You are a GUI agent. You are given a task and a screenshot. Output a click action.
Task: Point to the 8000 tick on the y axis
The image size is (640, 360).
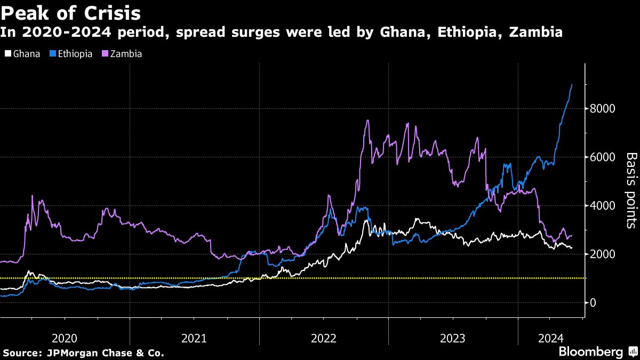(x=602, y=109)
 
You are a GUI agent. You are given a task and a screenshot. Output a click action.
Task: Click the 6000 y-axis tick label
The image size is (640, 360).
(x=602, y=157)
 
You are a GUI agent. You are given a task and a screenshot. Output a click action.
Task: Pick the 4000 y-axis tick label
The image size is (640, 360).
(x=602, y=205)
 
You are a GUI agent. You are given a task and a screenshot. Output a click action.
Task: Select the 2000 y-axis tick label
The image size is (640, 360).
(x=602, y=254)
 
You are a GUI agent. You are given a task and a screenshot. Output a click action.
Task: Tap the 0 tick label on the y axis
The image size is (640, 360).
(x=593, y=302)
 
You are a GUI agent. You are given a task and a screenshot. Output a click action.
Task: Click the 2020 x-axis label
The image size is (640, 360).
(x=65, y=338)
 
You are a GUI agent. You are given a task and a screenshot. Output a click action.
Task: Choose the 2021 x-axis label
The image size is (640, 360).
(x=195, y=338)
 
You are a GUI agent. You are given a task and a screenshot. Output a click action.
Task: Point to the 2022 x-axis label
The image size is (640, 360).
(x=324, y=338)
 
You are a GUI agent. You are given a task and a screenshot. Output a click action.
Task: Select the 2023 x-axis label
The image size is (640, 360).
(x=453, y=338)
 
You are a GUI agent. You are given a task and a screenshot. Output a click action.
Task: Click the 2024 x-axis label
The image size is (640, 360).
(x=550, y=338)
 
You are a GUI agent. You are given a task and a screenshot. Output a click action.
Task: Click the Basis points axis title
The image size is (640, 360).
(x=631, y=190)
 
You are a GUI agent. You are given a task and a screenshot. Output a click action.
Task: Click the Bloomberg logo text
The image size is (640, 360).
(x=590, y=352)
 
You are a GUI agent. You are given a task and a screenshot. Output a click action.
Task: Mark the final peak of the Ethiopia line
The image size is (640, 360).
(x=572, y=84)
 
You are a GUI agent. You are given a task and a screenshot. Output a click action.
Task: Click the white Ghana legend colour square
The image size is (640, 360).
(x=7, y=54)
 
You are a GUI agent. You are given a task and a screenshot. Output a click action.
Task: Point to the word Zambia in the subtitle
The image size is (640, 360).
(x=536, y=32)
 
